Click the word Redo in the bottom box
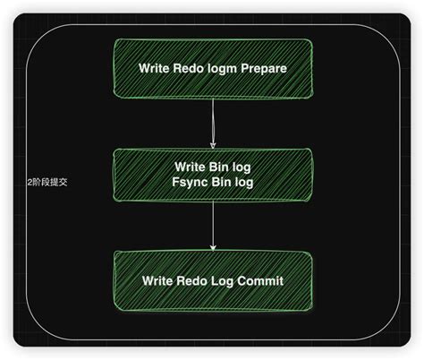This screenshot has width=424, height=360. [x=191, y=281]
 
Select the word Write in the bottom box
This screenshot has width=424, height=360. [x=159, y=281]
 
